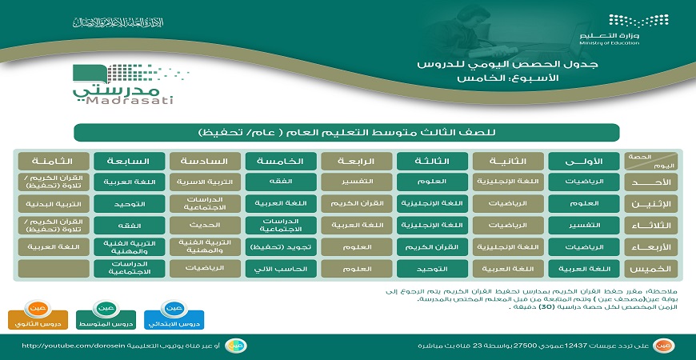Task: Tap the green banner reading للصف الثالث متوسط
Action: (347, 131)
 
